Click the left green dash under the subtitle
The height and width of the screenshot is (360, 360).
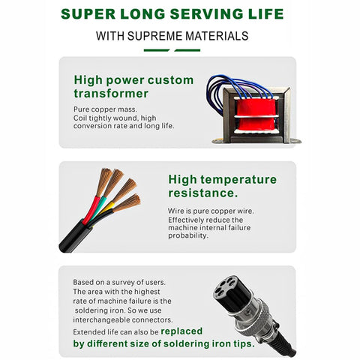click(157, 50)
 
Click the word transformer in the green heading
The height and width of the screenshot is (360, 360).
click(111, 94)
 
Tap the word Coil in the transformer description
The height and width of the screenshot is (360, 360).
click(80, 118)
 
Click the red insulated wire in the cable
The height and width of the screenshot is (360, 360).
click(91, 210)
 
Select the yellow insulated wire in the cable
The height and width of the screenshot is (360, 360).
click(107, 208)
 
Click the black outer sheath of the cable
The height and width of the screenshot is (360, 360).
click(75, 236)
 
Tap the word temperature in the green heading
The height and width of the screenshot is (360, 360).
click(238, 180)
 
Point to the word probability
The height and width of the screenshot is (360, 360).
click(187, 235)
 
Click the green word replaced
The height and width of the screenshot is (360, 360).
click(181, 331)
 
